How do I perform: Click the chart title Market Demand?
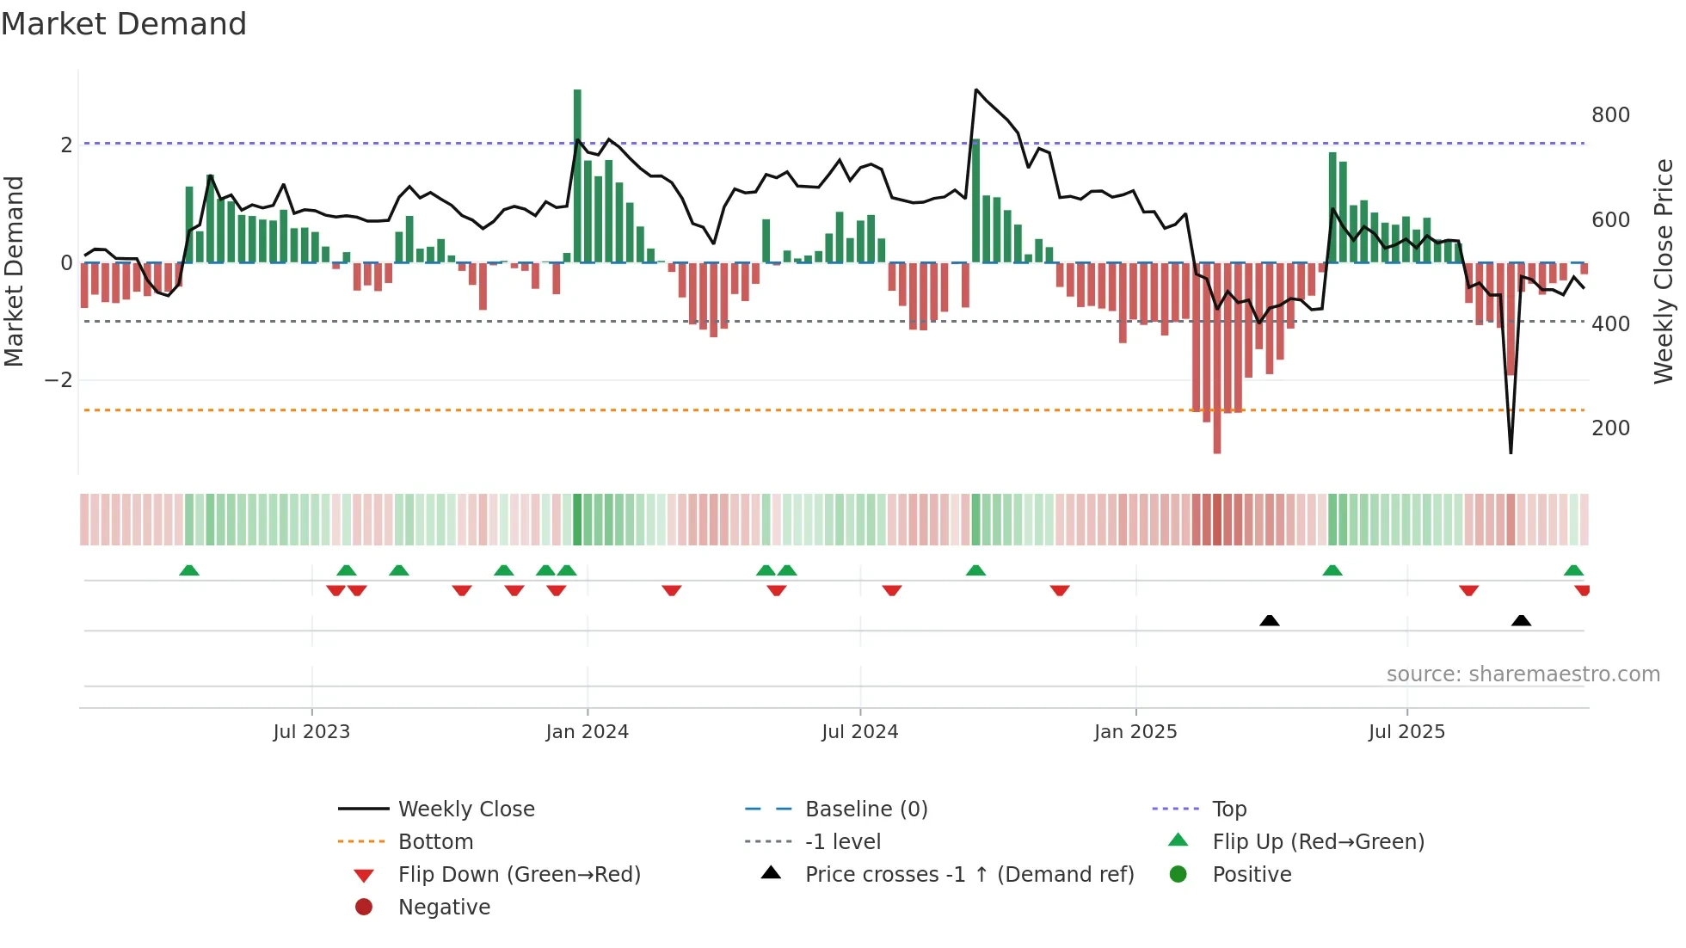(x=124, y=24)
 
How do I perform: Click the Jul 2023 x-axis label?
(x=311, y=732)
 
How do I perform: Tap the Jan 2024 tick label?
(x=587, y=732)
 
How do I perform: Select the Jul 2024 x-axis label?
(x=859, y=732)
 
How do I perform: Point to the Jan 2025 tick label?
(x=1135, y=732)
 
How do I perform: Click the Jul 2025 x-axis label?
(x=1406, y=732)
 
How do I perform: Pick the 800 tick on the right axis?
(x=1610, y=115)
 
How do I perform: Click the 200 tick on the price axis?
(x=1610, y=428)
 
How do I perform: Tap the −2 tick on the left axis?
(x=58, y=380)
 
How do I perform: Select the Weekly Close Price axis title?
(x=1664, y=271)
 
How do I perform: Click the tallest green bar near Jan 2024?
(x=577, y=172)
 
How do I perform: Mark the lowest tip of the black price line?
(x=1511, y=452)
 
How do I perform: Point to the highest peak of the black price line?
(x=975, y=89)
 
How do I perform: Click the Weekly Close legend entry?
(x=465, y=809)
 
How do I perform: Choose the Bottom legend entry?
(x=435, y=842)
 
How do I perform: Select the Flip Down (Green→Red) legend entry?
(x=519, y=875)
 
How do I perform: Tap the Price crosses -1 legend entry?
(x=969, y=875)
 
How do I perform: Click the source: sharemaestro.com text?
(x=1523, y=674)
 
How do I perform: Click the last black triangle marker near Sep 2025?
(x=1521, y=620)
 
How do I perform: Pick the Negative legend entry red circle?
(x=364, y=908)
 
